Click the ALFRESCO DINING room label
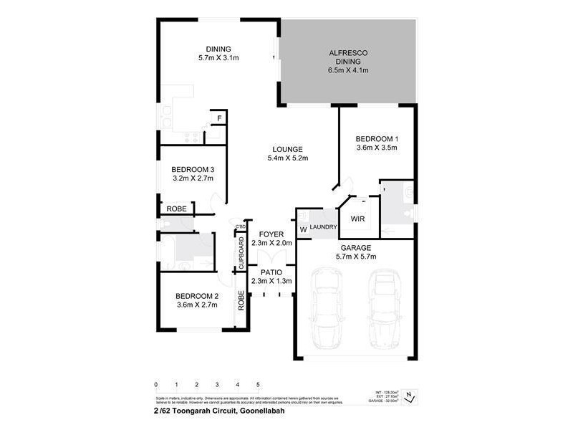pyautogui.click(x=347, y=57)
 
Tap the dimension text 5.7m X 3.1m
pyautogui.click(x=218, y=57)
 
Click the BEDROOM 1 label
pyautogui.click(x=376, y=138)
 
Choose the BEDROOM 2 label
pyautogui.click(x=197, y=296)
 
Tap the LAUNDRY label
pyautogui.click(x=323, y=227)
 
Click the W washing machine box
pyautogui.click(x=303, y=229)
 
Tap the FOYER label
pyautogui.click(x=271, y=234)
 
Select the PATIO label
pyautogui.click(x=271, y=272)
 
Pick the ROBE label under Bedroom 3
pyautogui.click(x=177, y=209)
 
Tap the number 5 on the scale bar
pyautogui.click(x=258, y=384)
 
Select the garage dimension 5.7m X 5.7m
pyautogui.click(x=356, y=256)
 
